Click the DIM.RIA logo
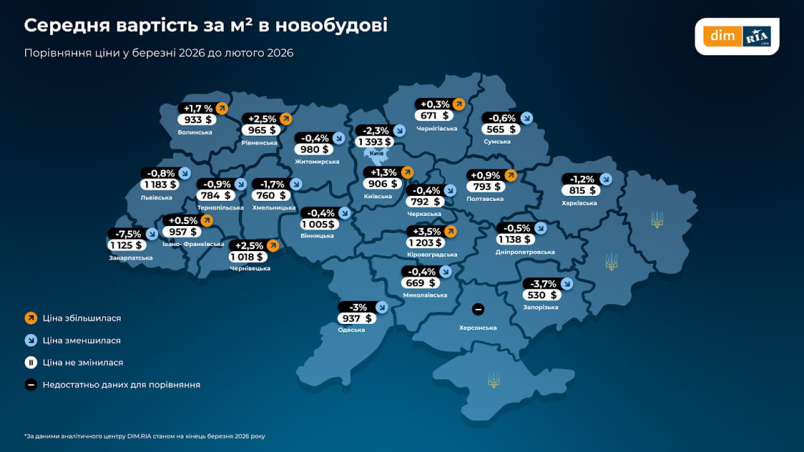(737, 36)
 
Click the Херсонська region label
(477, 328)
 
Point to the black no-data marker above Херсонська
(477, 309)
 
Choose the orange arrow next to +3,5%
(450, 231)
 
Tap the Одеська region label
(351, 330)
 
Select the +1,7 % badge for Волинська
(198, 108)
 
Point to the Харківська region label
(579, 203)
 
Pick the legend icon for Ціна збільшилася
(31, 318)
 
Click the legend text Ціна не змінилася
(83, 363)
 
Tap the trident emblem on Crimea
(494, 380)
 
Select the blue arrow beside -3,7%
(567, 284)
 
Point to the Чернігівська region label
(437, 128)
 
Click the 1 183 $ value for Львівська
(160, 185)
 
